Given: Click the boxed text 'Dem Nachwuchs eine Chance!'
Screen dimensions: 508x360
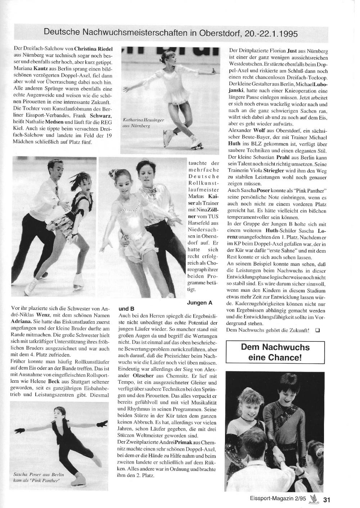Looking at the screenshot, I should coord(275,352).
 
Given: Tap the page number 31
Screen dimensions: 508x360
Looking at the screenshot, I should coord(327,499).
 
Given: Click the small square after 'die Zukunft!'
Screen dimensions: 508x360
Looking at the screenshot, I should coord(317,330).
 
